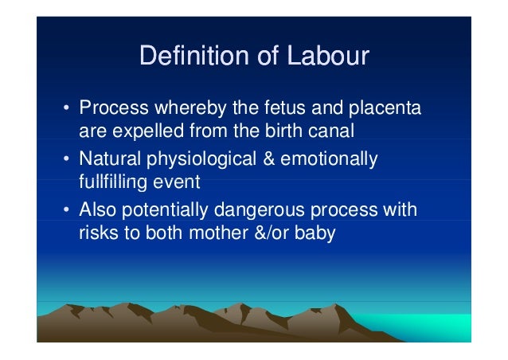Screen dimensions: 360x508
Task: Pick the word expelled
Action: (x=141, y=130)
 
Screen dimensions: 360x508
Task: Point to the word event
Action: (x=178, y=182)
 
